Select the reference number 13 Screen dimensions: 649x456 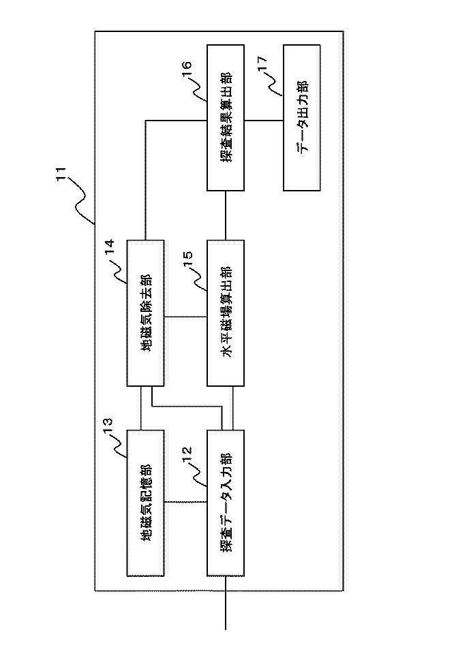[x=107, y=424]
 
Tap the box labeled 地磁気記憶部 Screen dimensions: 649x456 [x=145, y=503]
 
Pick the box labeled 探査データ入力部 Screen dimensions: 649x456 [x=224, y=503]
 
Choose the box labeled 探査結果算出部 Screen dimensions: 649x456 [x=224, y=119]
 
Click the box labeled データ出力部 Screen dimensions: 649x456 [x=301, y=119]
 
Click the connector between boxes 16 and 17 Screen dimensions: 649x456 [x=262, y=120]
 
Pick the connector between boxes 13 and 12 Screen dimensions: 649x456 [x=185, y=503]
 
